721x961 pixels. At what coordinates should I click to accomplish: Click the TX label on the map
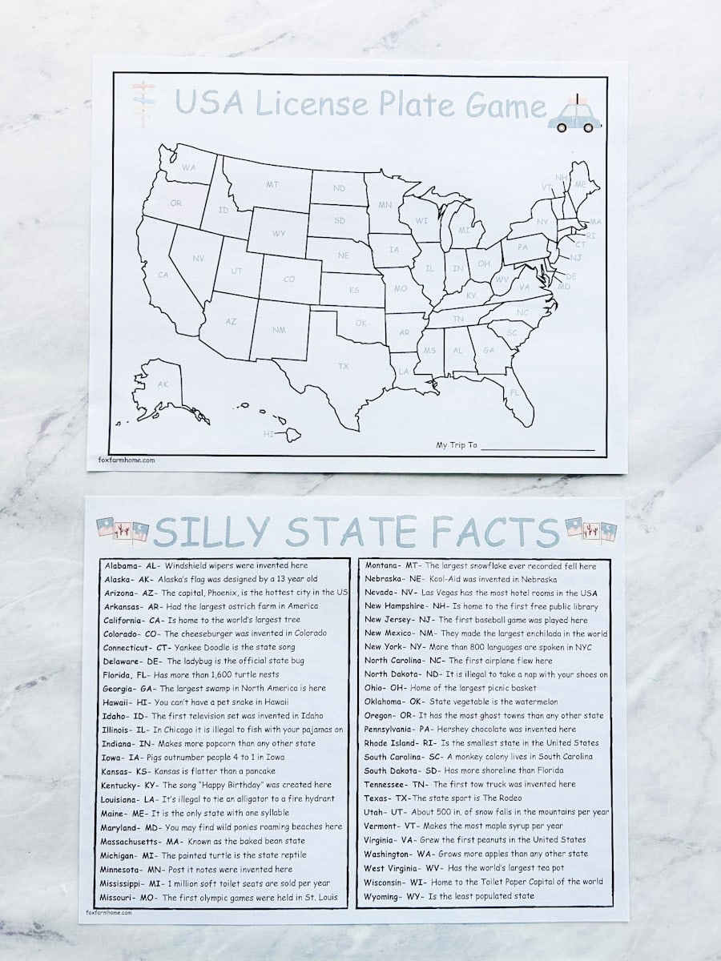[343, 366]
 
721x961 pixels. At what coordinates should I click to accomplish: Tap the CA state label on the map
[163, 275]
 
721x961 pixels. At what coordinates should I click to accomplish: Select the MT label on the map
[272, 184]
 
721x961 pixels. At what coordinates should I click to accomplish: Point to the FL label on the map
[514, 392]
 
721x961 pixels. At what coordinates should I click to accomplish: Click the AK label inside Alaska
[163, 384]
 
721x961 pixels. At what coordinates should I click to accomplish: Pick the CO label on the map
[289, 279]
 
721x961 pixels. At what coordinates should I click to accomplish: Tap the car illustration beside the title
[574, 115]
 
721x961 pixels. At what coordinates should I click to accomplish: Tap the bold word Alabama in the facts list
[121, 565]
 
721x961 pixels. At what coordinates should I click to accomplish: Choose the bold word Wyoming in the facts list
[381, 895]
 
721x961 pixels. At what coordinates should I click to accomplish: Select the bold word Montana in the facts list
[381, 565]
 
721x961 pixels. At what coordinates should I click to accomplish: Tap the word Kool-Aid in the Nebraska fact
[447, 579]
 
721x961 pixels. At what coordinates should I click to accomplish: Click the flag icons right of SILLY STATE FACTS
[590, 529]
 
